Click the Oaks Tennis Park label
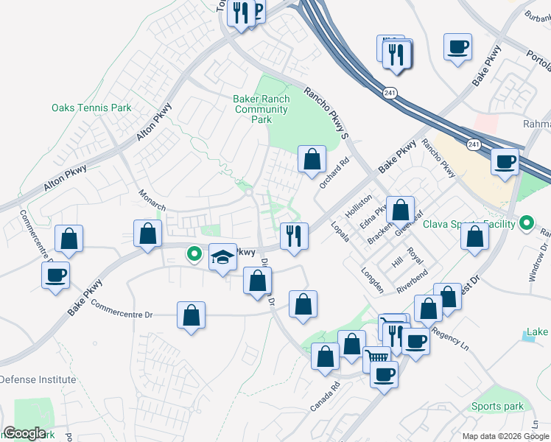(x=91, y=108)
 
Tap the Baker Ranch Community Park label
(x=262, y=109)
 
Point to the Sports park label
(x=498, y=407)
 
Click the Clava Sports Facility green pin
(x=527, y=222)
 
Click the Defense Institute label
(x=38, y=380)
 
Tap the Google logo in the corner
(x=24, y=433)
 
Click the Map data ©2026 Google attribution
(x=505, y=436)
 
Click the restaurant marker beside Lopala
(x=294, y=237)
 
